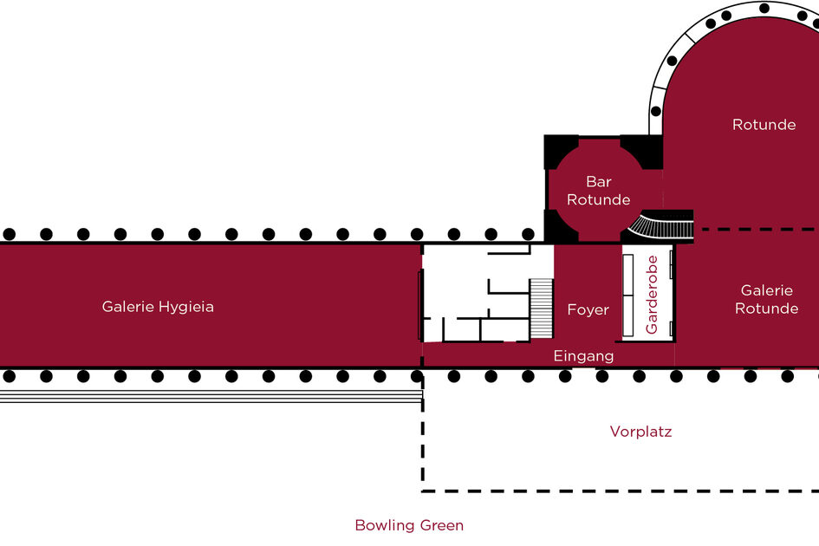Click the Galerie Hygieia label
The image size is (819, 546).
coord(158,307)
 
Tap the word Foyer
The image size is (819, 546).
coord(588,310)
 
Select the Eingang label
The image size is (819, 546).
coord(583,356)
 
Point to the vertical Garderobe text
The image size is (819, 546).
coord(652,295)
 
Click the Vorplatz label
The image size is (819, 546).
coord(640,432)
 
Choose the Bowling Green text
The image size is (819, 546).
coord(409,525)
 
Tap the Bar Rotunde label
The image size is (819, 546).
coord(599,191)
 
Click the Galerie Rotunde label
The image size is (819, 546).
coord(766,299)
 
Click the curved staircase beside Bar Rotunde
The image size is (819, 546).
coord(661,224)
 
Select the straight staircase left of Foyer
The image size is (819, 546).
coord(541,309)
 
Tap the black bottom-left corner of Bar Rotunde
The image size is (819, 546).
coord(559,227)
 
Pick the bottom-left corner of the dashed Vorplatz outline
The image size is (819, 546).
coord(423,491)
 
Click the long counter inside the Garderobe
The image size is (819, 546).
coord(628,296)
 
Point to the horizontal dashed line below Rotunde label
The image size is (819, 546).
coord(760,229)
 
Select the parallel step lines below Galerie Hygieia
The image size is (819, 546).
coord(211,396)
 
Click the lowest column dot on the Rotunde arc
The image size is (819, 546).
coord(655,111)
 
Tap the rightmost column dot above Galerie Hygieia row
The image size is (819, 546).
coord(528,234)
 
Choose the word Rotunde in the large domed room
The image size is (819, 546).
coord(764,124)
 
